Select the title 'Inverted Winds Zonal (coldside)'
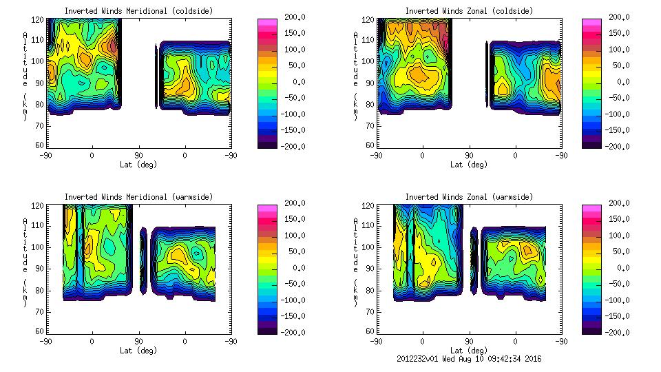click(x=469, y=11)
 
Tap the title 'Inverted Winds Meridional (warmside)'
click(x=138, y=197)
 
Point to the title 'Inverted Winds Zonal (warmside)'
click(x=469, y=197)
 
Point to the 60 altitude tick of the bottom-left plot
click(x=41, y=331)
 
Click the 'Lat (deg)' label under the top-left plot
click(x=138, y=165)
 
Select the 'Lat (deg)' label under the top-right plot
click(x=469, y=165)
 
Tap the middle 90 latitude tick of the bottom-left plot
click(x=138, y=341)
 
